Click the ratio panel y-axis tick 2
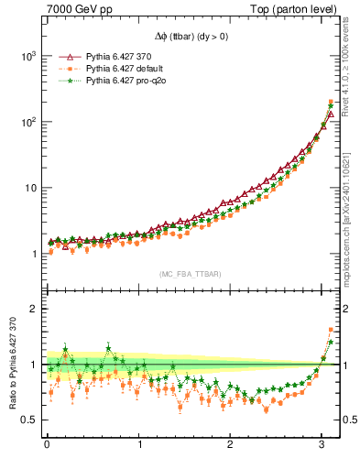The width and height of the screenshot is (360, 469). (x=32, y=309)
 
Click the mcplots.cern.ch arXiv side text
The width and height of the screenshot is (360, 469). (x=347, y=211)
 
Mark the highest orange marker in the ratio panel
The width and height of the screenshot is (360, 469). (x=331, y=330)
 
